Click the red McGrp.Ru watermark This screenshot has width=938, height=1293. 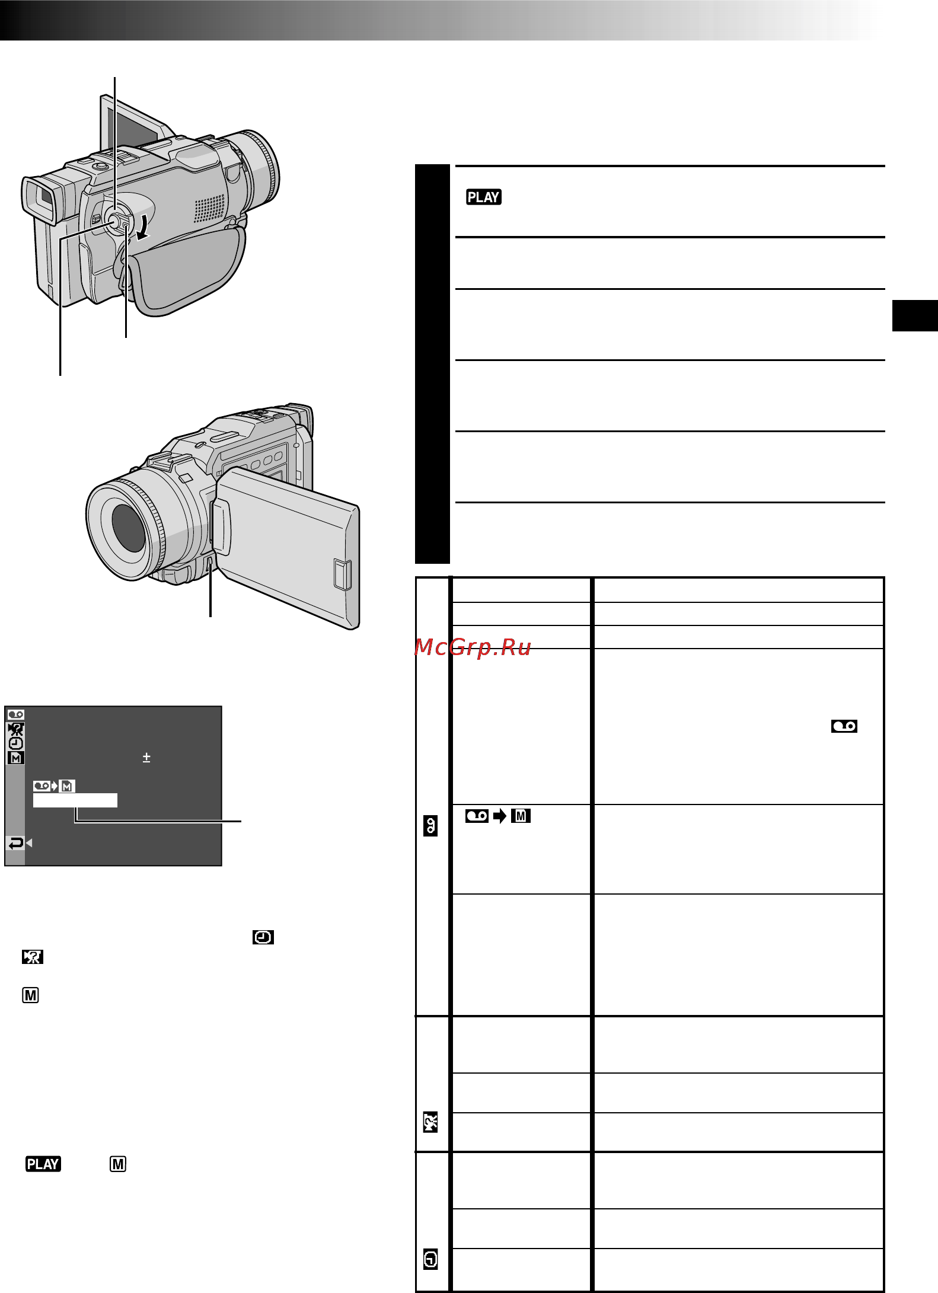pos(473,647)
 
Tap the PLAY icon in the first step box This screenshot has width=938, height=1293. pos(484,197)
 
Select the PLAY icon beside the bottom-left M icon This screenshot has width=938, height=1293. pos(43,1164)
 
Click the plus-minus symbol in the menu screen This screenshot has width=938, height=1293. pos(146,757)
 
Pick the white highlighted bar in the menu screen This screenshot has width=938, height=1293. pos(75,800)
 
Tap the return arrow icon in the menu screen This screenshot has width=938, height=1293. pos(16,842)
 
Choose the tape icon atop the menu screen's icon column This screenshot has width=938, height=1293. pos(16,714)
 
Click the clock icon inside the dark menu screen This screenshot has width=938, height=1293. pos(16,743)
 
